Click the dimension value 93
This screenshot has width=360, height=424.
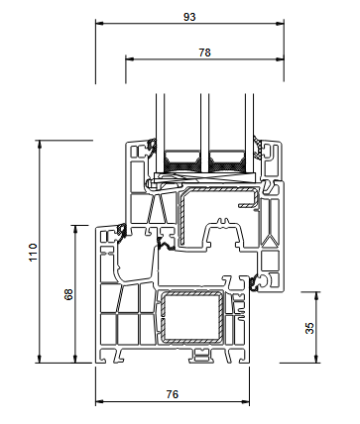click(189, 17)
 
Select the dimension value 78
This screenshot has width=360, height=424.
click(204, 53)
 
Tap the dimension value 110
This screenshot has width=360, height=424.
click(34, 253)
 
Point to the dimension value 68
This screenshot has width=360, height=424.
click(68, 294)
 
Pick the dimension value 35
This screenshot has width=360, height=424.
click(309, 328)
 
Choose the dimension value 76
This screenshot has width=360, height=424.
click(173, 394)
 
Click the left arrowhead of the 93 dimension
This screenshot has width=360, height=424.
click(100, 24)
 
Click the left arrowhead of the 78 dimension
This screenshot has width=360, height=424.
click(130, 59)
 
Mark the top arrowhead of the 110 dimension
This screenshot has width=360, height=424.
click(40, 145)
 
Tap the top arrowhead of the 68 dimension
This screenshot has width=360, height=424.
click(75, 230)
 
